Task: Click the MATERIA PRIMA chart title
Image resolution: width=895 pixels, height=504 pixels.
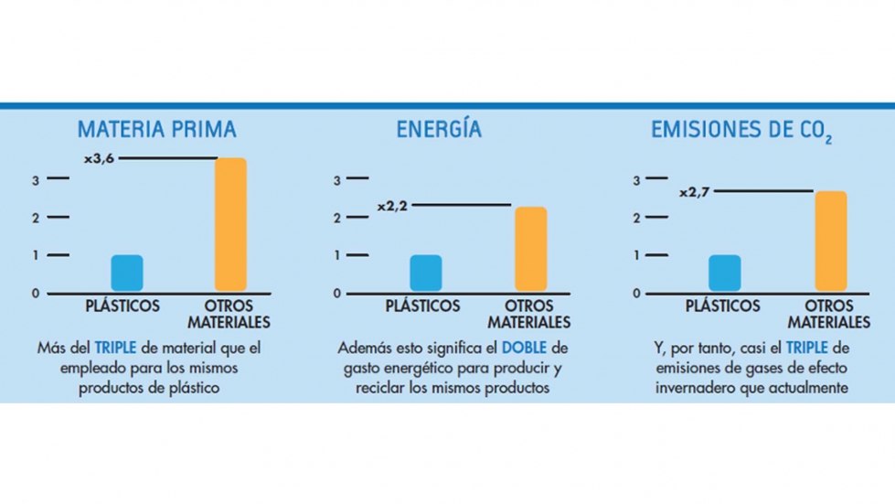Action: [x=157, y=129]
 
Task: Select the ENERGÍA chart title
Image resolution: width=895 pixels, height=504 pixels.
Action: [x=439, y=129]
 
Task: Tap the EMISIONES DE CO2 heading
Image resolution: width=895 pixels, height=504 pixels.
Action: [x=741, y=131]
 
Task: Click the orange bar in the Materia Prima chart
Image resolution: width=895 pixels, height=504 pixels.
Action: [x=230, y=224]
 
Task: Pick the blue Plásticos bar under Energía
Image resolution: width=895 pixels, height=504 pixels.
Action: [x=426, y=273]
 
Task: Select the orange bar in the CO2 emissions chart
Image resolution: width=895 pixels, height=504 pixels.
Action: [x=830, y=241]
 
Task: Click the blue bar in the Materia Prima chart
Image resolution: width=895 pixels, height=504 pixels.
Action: [x=127, y=273]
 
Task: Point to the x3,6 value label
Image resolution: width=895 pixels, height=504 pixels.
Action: [x=100, y=158]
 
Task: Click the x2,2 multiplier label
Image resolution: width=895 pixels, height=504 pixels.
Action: [x=391, y=206]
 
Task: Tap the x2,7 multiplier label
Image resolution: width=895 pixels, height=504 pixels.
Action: [x=694, y=192]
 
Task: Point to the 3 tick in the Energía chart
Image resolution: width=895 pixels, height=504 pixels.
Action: [x=336, y=179]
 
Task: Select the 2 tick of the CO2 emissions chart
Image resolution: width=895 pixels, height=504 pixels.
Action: [x=636, y=218]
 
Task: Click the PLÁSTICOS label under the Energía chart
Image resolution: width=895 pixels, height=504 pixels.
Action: [x=422, y=306]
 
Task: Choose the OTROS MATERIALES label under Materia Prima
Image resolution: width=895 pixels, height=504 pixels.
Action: [x=229, y=314]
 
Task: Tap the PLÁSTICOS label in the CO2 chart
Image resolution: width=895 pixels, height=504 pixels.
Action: [x=722, y=306]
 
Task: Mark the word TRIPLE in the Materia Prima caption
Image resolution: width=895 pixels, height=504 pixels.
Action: [x=115, y=348]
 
